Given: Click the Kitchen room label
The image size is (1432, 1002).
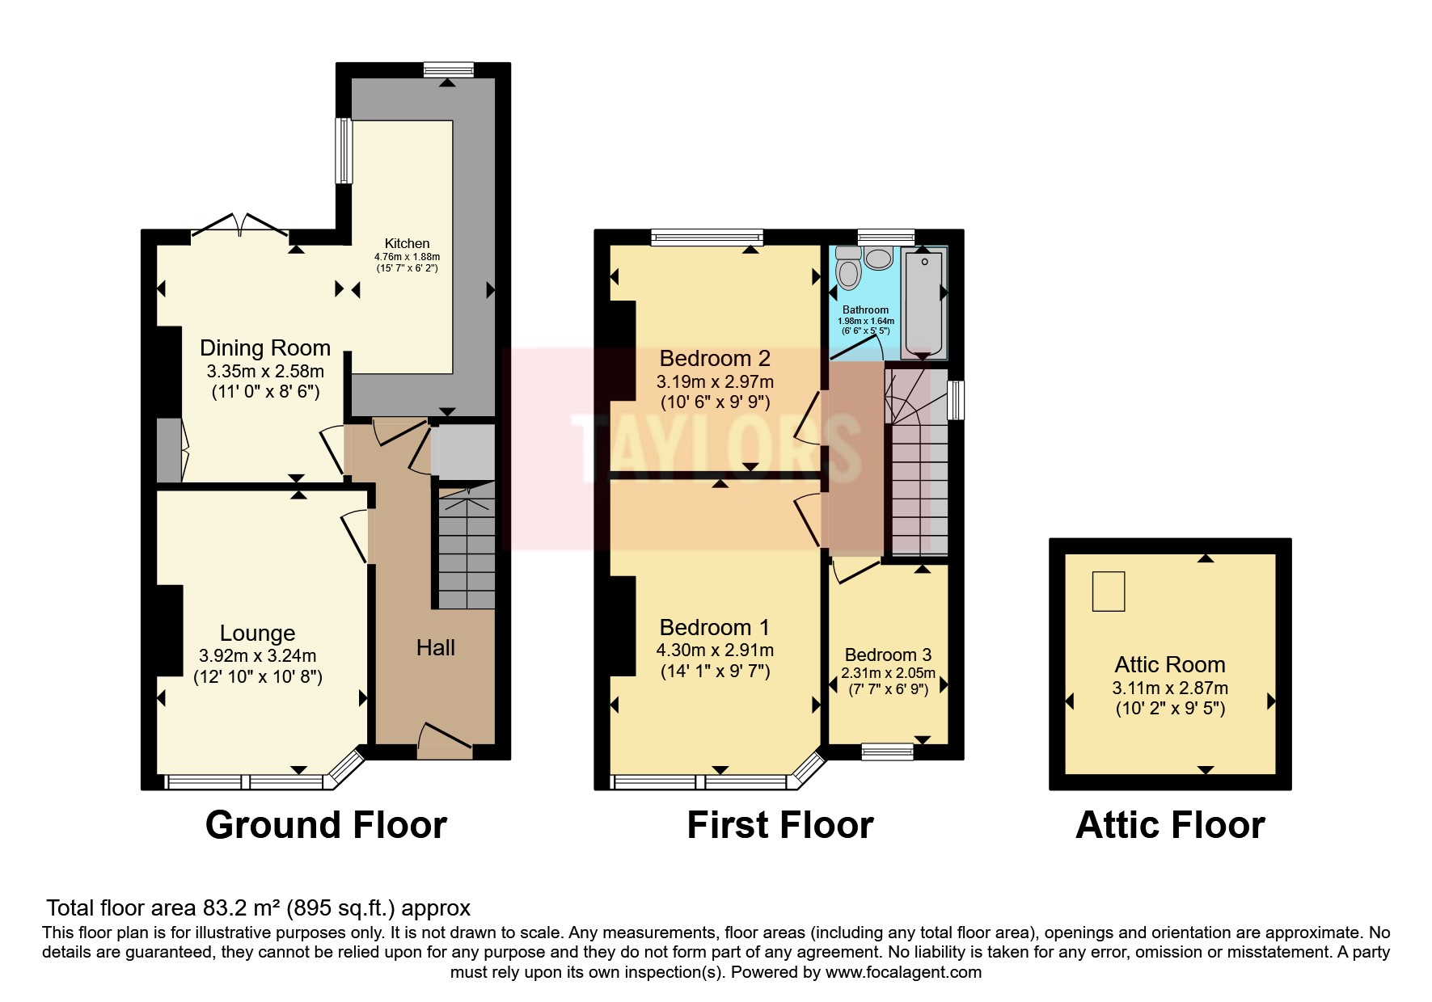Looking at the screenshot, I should point(407,243).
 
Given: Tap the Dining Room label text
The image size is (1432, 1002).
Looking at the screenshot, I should point(265,348).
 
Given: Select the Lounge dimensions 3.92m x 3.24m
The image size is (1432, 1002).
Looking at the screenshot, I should point(257,655).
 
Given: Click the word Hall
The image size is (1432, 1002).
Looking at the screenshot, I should point(436,647).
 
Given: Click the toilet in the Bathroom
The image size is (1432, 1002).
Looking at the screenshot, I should point(847,268).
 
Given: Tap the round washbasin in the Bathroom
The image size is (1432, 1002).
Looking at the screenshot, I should point(877,258).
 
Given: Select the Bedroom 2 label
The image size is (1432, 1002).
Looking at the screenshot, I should point(715,358).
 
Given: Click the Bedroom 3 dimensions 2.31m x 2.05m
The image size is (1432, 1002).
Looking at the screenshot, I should point(888,673).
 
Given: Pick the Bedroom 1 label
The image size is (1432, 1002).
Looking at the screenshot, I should point(715,627).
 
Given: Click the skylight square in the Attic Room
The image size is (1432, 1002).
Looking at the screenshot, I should point(1109,591).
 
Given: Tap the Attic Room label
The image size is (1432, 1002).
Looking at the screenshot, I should point(1170,664).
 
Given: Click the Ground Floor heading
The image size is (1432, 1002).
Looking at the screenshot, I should point(326,825).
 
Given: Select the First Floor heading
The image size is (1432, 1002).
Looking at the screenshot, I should point(779,825).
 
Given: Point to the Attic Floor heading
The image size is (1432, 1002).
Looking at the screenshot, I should point(1170,825).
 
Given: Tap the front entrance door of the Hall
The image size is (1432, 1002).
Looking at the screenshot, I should point(445,740).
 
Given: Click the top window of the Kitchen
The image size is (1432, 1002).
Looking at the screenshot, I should point(450,71).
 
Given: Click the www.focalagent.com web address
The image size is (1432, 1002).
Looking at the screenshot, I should point(903,972).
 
